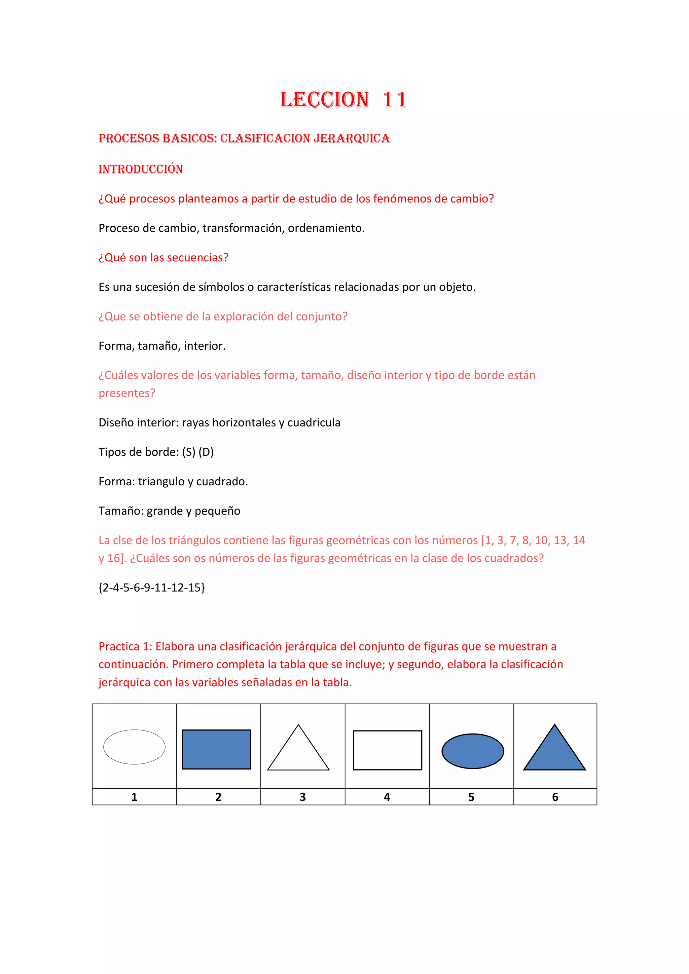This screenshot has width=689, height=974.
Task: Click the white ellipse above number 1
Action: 134,747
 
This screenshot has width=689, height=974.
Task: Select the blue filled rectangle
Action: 216,749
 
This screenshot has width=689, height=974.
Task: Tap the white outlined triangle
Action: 298,753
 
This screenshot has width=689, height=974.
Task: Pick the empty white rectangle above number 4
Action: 387,750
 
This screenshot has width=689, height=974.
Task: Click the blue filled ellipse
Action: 473,751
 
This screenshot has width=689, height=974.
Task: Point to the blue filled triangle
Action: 554,753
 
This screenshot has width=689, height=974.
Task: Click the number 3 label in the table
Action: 302,797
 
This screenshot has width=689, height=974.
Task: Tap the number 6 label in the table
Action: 555,797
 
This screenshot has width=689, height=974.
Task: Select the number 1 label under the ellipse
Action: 134,797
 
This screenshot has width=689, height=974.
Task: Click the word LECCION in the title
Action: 325,100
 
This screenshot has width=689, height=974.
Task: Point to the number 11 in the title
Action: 394,100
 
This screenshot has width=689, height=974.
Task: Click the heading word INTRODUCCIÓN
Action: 140,169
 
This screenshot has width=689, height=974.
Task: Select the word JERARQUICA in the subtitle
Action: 351,138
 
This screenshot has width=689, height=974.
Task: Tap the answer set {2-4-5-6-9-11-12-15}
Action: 151,587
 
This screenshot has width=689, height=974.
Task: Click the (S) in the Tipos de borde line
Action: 188,452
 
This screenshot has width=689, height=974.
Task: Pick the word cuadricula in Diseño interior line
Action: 314,422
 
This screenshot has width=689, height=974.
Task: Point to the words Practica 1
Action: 125,646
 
